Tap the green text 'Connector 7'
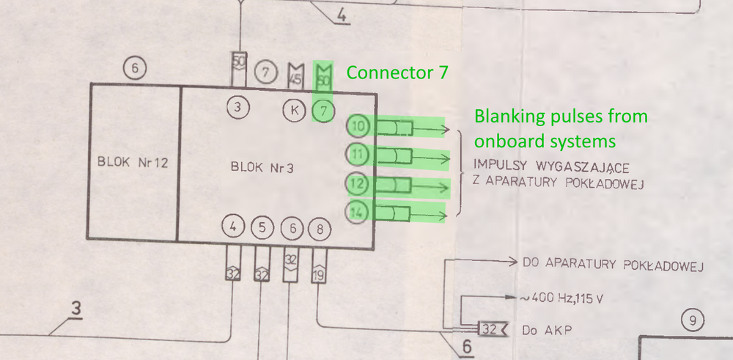397,73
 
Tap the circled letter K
295,111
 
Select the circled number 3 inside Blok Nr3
237,108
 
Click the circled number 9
692,320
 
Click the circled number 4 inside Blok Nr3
233,227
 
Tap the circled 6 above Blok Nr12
134,69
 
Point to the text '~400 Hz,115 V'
564,298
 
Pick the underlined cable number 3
75,310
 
